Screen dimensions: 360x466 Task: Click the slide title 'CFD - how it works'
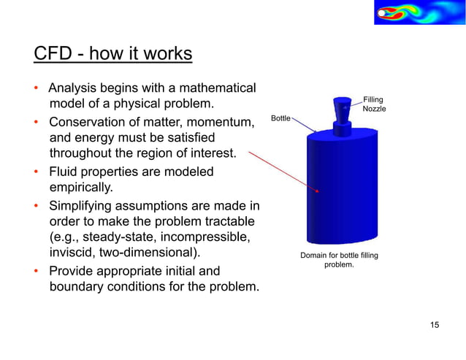113,55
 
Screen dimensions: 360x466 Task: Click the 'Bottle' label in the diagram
280,118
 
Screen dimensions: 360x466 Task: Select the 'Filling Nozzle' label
374,104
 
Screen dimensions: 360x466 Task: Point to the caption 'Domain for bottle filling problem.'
340,259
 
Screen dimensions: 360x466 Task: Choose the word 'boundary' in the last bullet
77,287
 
